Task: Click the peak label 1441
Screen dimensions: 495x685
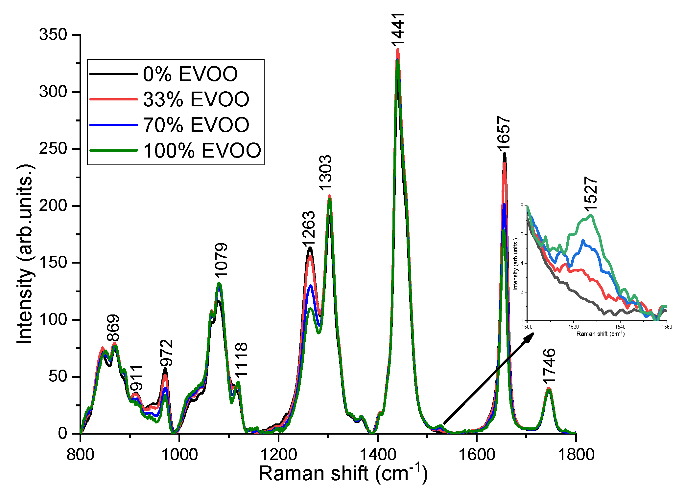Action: [398, 30]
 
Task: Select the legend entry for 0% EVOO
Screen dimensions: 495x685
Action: [190, 74]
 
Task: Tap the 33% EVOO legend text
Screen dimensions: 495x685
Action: [196, 99]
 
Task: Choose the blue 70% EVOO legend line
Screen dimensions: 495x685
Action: [113, 125]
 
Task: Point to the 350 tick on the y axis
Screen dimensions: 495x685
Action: [53, 34]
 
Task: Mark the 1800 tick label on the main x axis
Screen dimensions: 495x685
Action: [575, 455]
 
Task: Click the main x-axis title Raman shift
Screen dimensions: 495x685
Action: [343, 473]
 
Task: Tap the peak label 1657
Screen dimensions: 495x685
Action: [504, 134]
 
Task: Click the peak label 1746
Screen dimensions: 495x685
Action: [549, 366]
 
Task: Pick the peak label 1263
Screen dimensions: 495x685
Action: [309, 229]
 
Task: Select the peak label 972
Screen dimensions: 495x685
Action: [166, 353]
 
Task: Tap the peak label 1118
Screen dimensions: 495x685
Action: [242, 359]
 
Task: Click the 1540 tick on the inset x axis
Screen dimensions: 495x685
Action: [620, 327]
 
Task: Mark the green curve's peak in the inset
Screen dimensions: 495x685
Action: [591, 215]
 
